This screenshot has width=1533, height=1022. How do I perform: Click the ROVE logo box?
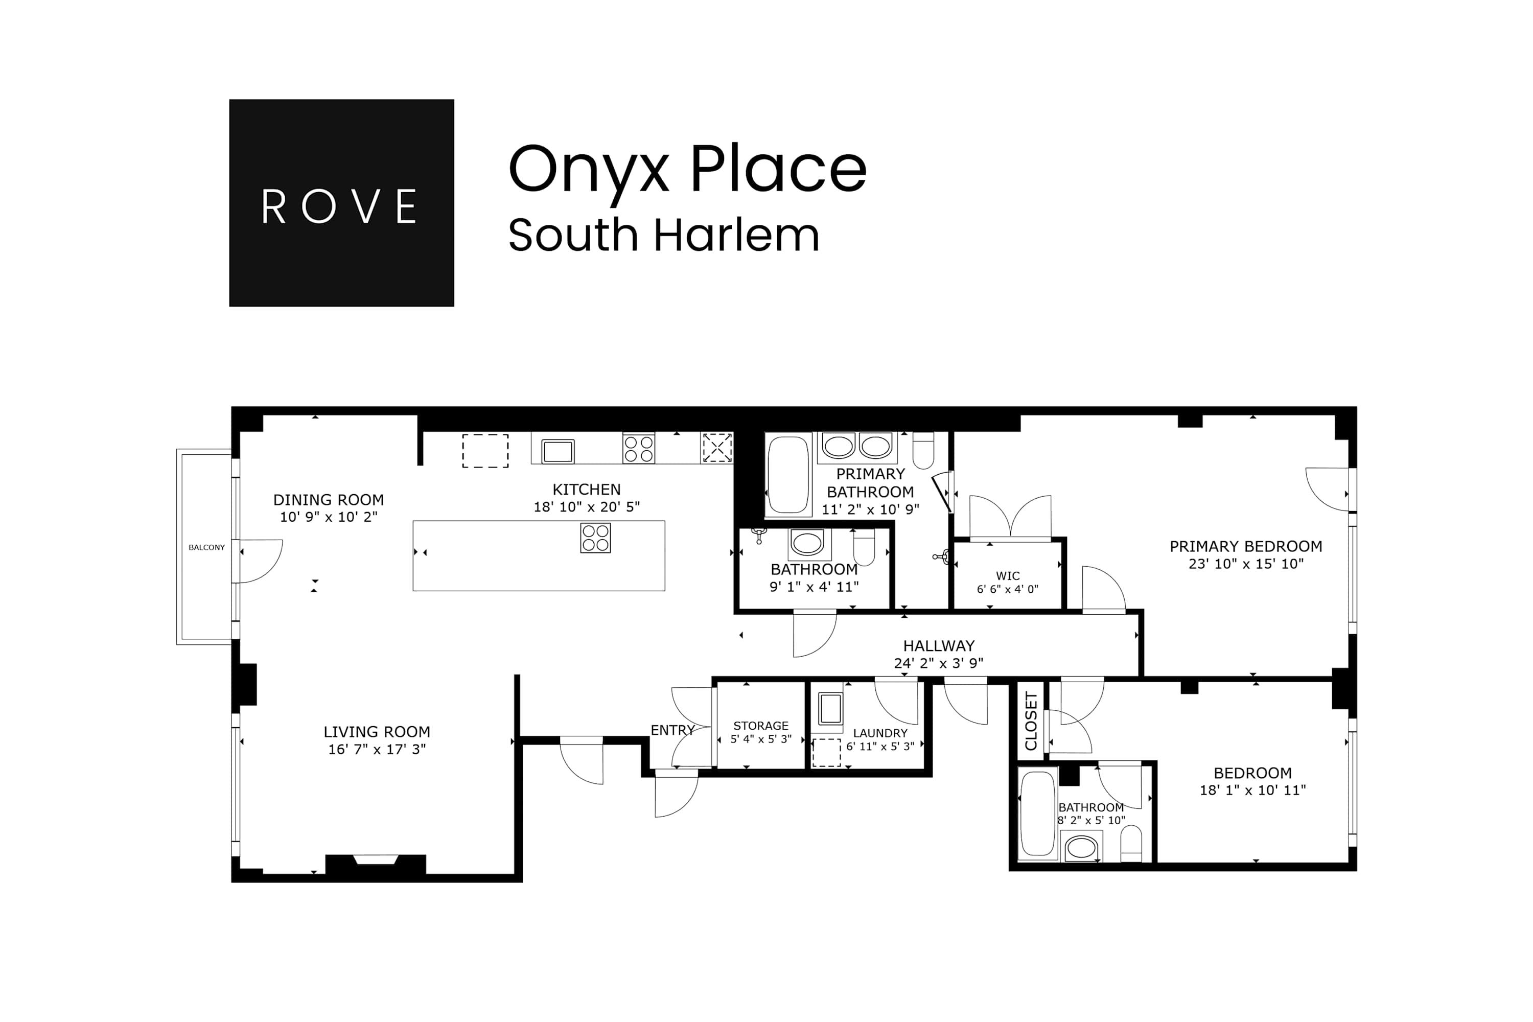pos(341,203)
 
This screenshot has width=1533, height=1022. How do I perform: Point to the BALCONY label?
pos(206,547)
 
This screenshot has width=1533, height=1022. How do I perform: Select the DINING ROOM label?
pos(328,500)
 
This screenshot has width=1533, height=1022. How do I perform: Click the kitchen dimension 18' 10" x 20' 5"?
pos(587,506)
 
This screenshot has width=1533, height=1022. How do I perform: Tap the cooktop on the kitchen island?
pos(595,538)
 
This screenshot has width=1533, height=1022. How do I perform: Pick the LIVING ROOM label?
pos(377,732)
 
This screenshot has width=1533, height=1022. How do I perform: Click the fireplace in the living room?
pos(376,861)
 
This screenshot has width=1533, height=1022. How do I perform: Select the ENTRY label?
pos(672,730)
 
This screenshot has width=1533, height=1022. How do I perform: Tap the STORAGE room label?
pos(761,726)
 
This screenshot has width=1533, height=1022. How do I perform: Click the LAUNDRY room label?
pos(880,733)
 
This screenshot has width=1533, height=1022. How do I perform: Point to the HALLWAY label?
pos(939,646)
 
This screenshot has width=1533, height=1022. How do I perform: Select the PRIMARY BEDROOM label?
pos(1246,546)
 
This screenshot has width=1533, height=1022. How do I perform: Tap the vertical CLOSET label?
pos(1031,721)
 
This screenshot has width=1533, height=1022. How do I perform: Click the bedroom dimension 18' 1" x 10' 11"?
pos(1253,790)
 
